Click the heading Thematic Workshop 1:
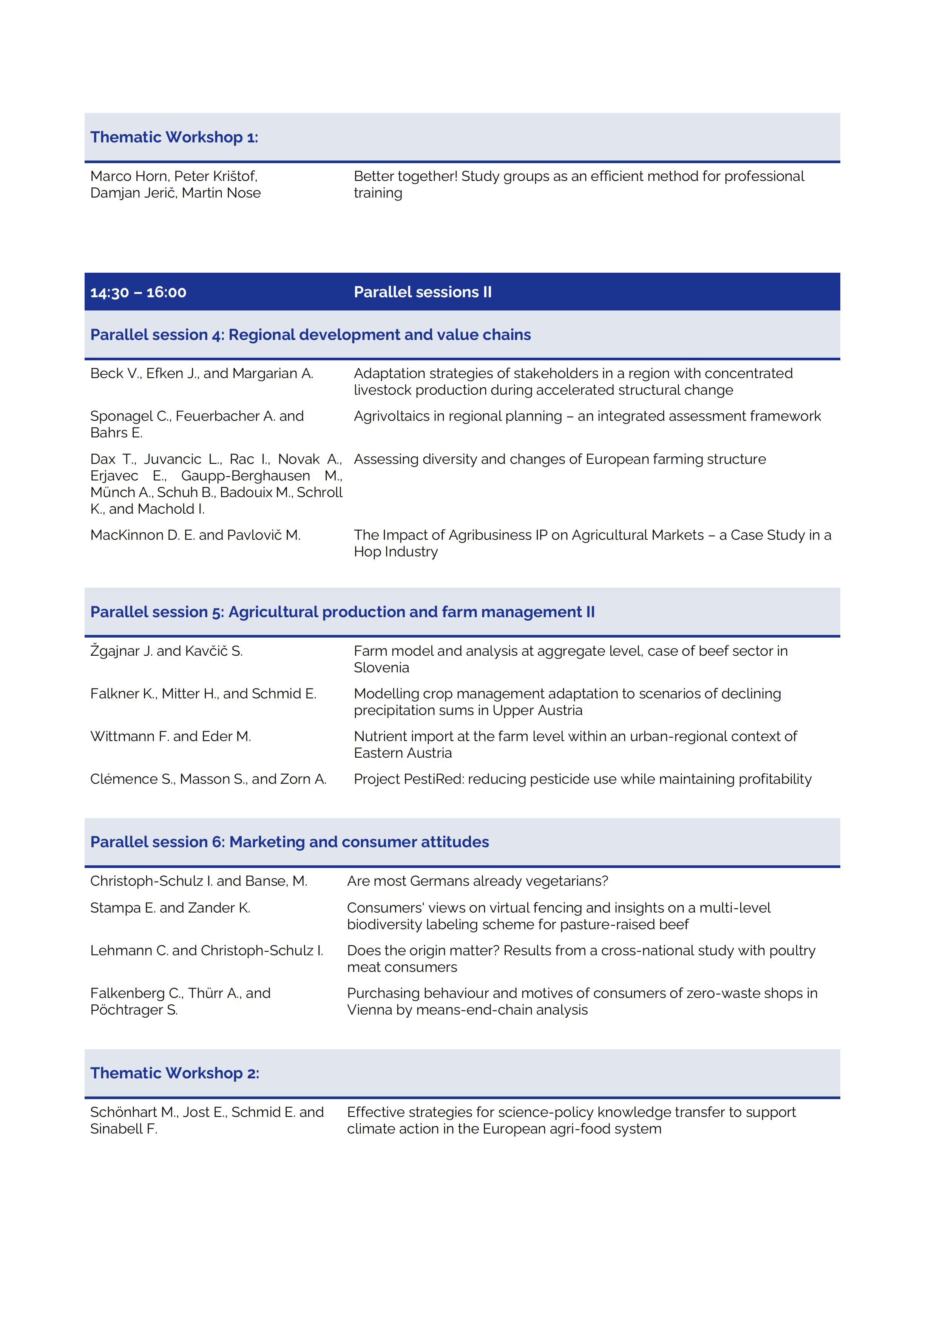click(174, 137)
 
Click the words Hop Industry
click(396, 552)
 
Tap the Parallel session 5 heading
click(342, 612)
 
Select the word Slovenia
click(381, 668)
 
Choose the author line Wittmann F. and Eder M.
click(171, 737)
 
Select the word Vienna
click(370, 1010)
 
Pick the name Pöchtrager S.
click(134, 1010)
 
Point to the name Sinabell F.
click(123, 1129)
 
